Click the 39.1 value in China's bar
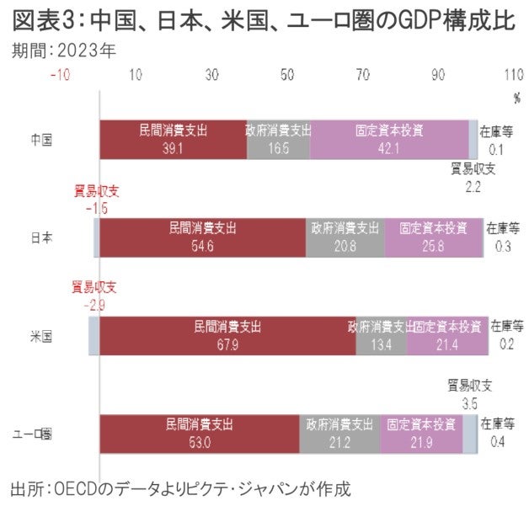pos(173,148)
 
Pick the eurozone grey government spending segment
pos(339,434)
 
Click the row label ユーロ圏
pos(35,434)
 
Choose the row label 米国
pos(41,336)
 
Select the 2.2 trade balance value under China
pos(473,187)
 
